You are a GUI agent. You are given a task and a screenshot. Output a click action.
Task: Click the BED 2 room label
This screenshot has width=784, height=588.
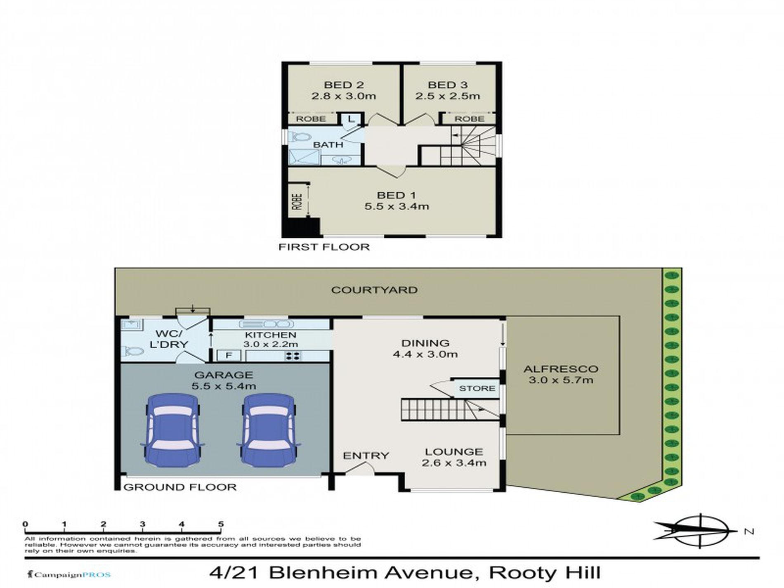(344, 85)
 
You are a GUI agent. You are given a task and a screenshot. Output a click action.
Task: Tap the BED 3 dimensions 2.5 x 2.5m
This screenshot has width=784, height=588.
(448, 96)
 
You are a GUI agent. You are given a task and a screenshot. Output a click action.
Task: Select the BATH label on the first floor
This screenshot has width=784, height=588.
(328, 145)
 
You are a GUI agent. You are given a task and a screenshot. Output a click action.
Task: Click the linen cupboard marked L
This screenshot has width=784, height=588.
(351, 119)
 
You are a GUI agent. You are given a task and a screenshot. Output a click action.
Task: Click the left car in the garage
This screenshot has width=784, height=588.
(172, 430)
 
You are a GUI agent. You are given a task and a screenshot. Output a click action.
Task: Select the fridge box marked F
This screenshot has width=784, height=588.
(228, 356)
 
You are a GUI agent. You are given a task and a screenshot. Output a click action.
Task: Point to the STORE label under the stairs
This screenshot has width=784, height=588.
(477, 388)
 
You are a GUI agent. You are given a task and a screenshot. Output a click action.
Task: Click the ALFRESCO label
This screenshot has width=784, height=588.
(561, 369)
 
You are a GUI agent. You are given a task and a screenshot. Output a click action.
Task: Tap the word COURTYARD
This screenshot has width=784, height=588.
(374, 290)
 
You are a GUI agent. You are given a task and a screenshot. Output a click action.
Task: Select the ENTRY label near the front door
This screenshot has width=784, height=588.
(366, 456)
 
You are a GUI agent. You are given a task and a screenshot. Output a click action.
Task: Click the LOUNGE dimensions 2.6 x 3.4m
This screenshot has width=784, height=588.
(454, 463)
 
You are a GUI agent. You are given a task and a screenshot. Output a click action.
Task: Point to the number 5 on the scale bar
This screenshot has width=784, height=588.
(221, 524)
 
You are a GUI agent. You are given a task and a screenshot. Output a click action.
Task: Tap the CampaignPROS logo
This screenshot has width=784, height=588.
(68, 574)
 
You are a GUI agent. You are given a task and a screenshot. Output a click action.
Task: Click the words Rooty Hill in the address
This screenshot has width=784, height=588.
(545, 573)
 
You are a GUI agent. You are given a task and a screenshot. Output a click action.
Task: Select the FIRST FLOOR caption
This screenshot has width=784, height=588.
(324, 247)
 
